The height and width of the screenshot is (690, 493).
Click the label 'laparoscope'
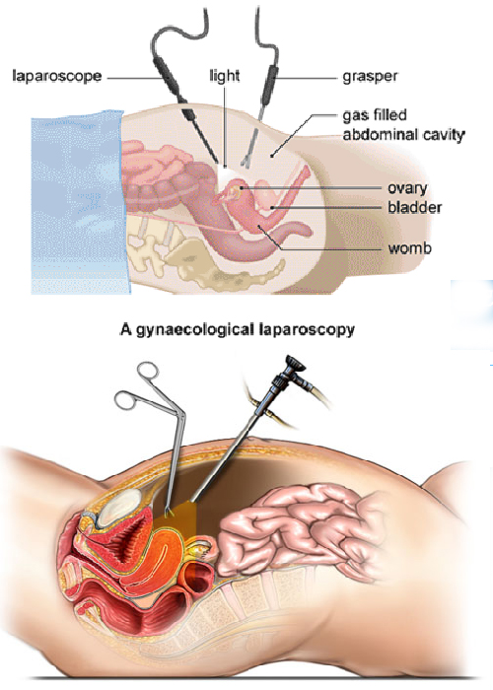pos(57,76)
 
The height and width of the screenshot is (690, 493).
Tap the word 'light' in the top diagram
pos(225,76)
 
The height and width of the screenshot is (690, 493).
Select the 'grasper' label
pos(370,76)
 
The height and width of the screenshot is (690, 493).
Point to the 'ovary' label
pos(407,188)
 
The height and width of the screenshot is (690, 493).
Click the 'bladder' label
pos(415,207)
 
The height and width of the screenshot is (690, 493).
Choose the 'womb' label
pos(409,248)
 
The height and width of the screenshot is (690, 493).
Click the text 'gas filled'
pos(375,115)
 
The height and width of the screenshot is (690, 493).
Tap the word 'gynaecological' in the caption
pos(195,329)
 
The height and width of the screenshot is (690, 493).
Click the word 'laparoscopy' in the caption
pos(307,329)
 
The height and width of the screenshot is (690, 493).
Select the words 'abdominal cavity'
pos(403,135)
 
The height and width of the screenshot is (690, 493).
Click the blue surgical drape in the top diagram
pos(78,201)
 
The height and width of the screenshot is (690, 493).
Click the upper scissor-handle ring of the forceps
pos(148,371)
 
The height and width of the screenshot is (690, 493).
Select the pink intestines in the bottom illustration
pos(300,522)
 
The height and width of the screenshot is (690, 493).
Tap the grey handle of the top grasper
pos(268,85)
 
